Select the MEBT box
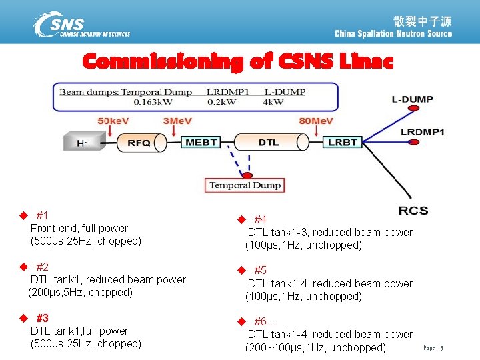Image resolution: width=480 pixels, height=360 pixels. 201,143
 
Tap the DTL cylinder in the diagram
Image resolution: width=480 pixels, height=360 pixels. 269,143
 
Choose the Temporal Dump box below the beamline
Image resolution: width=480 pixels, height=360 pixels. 245,185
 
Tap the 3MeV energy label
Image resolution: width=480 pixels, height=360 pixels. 178,121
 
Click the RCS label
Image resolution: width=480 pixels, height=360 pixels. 413,211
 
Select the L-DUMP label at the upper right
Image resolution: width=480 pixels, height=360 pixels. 412,99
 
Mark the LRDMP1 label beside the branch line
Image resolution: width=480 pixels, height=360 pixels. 423,132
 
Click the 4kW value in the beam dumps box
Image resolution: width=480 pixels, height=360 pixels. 273,102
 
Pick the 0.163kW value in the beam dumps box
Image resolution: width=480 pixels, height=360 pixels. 155,102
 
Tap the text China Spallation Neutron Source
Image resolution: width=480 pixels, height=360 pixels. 393,34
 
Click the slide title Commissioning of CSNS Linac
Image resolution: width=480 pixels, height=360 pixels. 238,62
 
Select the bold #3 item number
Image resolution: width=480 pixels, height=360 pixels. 43,317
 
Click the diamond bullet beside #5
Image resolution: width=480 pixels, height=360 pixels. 242,271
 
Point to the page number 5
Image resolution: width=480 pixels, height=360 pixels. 441,348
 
